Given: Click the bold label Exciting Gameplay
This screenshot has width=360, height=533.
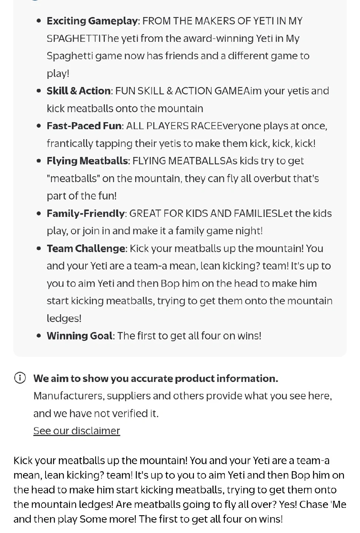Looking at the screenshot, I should click(x=92, y=21).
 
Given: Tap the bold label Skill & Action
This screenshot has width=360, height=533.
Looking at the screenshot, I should click(x=79, y=91).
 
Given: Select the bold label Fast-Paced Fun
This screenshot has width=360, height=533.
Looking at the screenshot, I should click(x=84, y=126).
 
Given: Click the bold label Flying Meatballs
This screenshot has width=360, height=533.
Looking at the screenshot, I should click(x=87, y=161).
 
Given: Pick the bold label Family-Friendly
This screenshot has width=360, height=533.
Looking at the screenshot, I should click(x=86, y=214).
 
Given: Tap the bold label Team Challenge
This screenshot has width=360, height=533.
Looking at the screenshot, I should click(x=86, y=248).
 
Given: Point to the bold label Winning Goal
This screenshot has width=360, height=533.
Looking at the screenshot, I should click(x=79, y=336).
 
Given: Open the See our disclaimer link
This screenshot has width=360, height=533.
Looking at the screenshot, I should click(x=77, y=431).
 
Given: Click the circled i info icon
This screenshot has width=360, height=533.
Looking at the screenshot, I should click(x=20, y=378).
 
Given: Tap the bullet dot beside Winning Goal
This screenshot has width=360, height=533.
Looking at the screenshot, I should click(x=39, y=336).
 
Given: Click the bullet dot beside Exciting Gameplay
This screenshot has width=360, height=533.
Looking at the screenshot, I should click(x=39, y=21).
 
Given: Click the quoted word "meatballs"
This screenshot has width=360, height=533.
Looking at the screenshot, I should click(x=73, y=178).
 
